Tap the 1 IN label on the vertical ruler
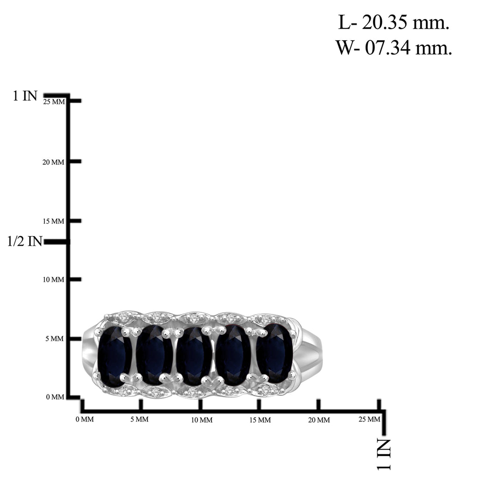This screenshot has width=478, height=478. (x=25, y=96)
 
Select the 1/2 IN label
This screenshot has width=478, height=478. (x=24, y=241)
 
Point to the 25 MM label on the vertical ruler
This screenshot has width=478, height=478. (x=54, y=102)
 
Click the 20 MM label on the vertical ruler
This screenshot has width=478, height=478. (x=53, y=162)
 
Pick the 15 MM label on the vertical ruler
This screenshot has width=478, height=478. (x=53, y=221)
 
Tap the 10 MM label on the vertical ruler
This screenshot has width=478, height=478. (x=53, y=280)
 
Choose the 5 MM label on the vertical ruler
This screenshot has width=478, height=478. (x=55, y=339)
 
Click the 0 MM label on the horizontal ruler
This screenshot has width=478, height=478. (x=84, y=420)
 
